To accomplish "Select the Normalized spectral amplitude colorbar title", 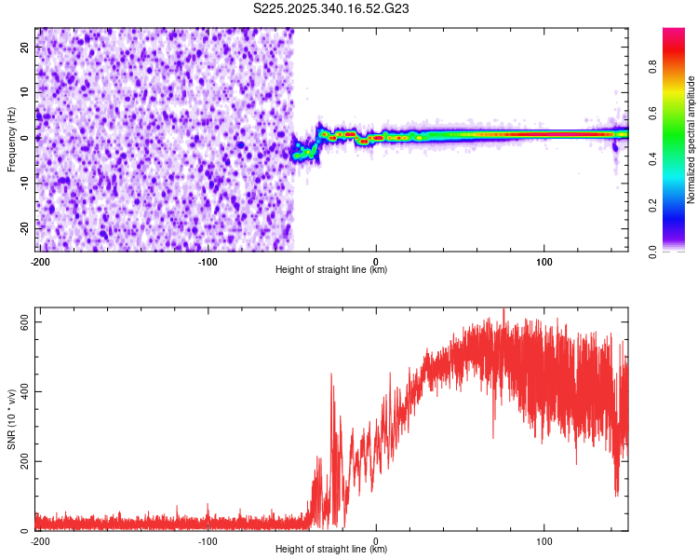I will point(691,140).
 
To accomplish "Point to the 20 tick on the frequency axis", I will point(26,48).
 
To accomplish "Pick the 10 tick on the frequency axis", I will point(26,93).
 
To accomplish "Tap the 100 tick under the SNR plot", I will point(544,540).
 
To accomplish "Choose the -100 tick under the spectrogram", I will point(208,261).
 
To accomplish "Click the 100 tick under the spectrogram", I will point(544,261).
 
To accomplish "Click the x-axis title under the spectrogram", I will point(331,270).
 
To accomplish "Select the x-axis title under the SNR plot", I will point(331,550).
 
